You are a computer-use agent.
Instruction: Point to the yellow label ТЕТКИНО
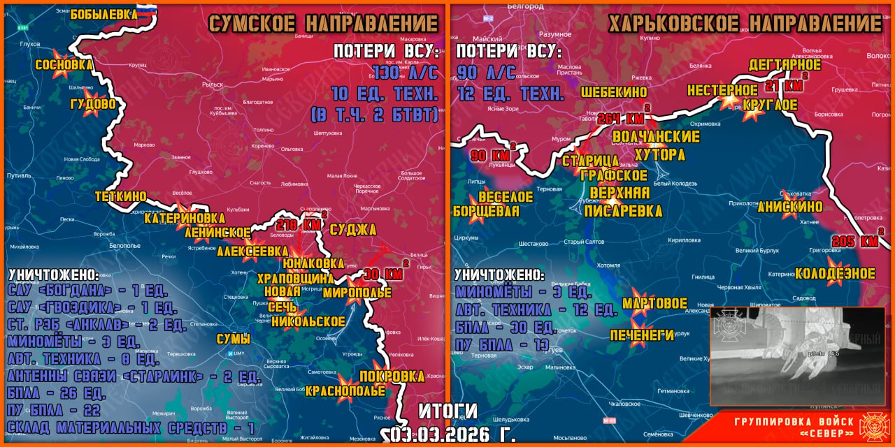[x=121, y=196]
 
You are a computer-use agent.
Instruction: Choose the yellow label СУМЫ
[x=233, y=339]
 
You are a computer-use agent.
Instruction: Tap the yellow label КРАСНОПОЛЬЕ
[x=345, y=390]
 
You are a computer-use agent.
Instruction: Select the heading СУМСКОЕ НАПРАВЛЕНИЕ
[x=323, y=24]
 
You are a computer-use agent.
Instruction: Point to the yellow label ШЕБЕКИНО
[x=614, y=92]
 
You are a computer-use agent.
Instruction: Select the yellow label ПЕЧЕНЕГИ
[x=642, y=335]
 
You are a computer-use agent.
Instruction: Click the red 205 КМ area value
[x=855, y=242]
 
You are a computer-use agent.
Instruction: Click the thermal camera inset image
[x=797, y=356]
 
